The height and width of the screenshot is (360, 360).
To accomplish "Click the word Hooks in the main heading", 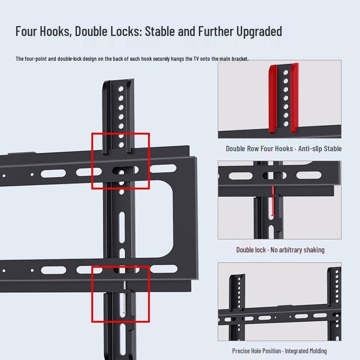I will (56, 31).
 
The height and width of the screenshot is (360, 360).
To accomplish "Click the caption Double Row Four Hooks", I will (259, 148).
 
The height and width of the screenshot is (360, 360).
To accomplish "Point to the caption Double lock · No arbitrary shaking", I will (280, 250).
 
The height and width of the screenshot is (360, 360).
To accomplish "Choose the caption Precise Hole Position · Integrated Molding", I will (279, 351).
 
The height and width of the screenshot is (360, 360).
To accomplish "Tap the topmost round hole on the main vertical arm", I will (121, 89).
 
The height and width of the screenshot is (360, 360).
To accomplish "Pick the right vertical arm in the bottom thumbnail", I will (333, 306).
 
